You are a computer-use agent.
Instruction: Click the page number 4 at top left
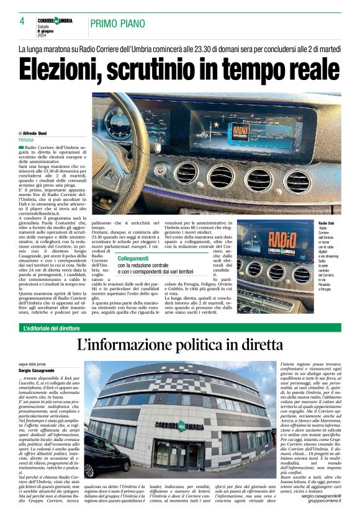[22, 21]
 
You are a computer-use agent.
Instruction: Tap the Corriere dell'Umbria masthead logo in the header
[55, 20]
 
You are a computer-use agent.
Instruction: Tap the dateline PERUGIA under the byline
[26, 141]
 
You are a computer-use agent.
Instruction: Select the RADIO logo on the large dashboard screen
[237, 131]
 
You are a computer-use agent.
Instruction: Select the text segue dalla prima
[31, 365]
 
